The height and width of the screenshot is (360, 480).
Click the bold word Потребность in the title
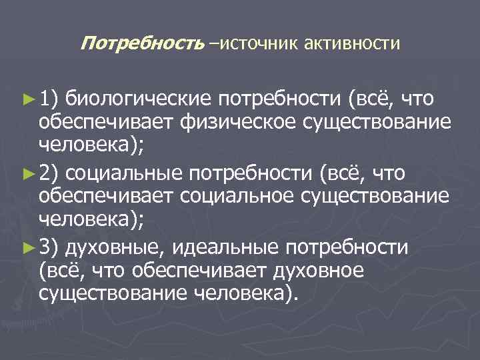click(141, 44)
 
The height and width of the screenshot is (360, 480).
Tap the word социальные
click(124, 175)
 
